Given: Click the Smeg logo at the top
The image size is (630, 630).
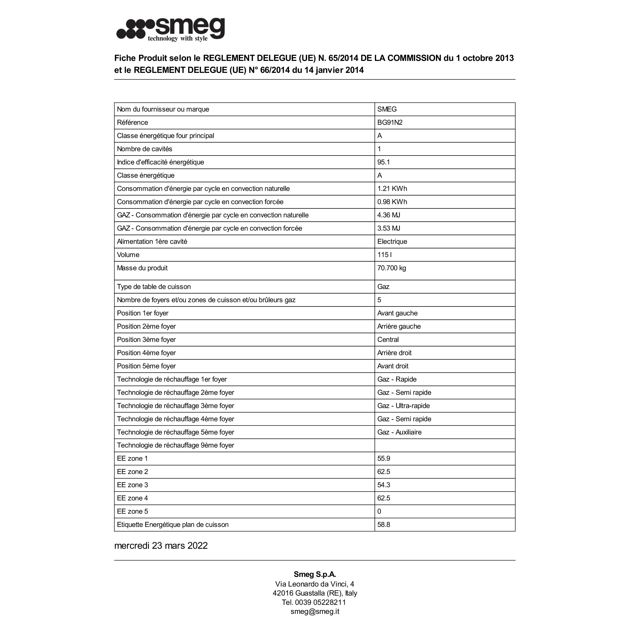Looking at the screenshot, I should point(171,30).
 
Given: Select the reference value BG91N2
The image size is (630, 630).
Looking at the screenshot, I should point(390,123).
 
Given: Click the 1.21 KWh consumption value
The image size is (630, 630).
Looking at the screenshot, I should point(392,189).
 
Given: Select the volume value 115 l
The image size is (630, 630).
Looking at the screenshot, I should point(385,255).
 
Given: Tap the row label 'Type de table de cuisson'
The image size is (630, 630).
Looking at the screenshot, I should point(154,287).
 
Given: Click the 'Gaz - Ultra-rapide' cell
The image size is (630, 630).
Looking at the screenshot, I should point(403,406).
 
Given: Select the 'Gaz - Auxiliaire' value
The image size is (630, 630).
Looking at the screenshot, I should point(399,432).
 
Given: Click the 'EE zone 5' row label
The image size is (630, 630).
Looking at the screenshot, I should point(132,512).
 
